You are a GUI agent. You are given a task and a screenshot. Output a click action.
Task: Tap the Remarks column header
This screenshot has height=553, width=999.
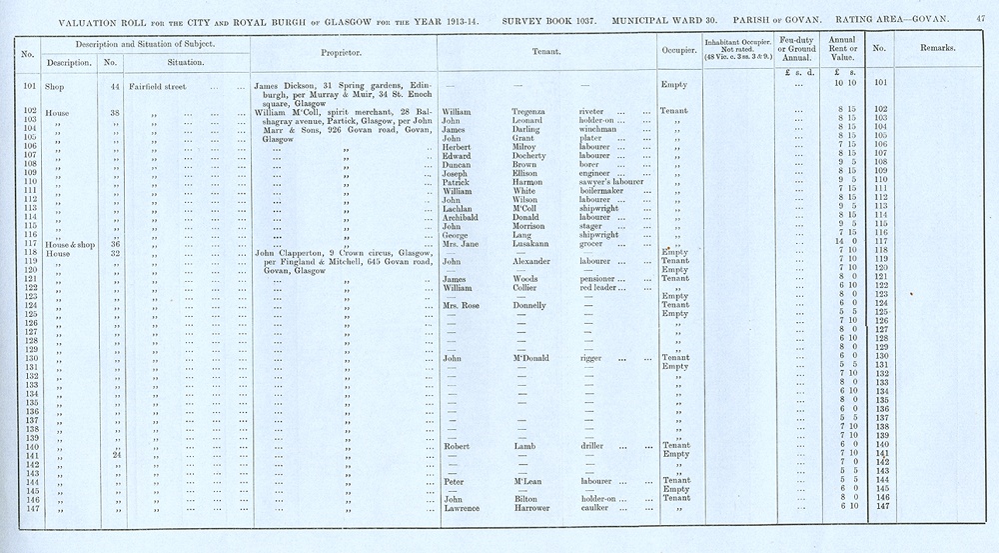point(936,48)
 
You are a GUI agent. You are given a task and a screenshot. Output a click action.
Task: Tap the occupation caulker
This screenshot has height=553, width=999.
point(597,509)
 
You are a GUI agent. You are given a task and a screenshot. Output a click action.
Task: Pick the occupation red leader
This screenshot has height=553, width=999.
point(602,288)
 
